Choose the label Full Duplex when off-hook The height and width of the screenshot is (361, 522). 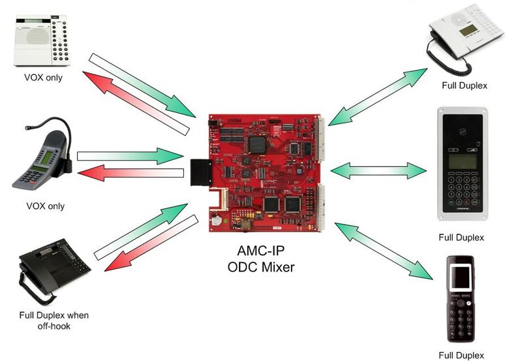pyautogui.click(x=54, y=321)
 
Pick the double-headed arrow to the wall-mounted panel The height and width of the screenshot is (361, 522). pyautogui.click(x=378, y=171)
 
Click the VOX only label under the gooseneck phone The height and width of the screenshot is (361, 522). pyautogui.click(x=45, y=206)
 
